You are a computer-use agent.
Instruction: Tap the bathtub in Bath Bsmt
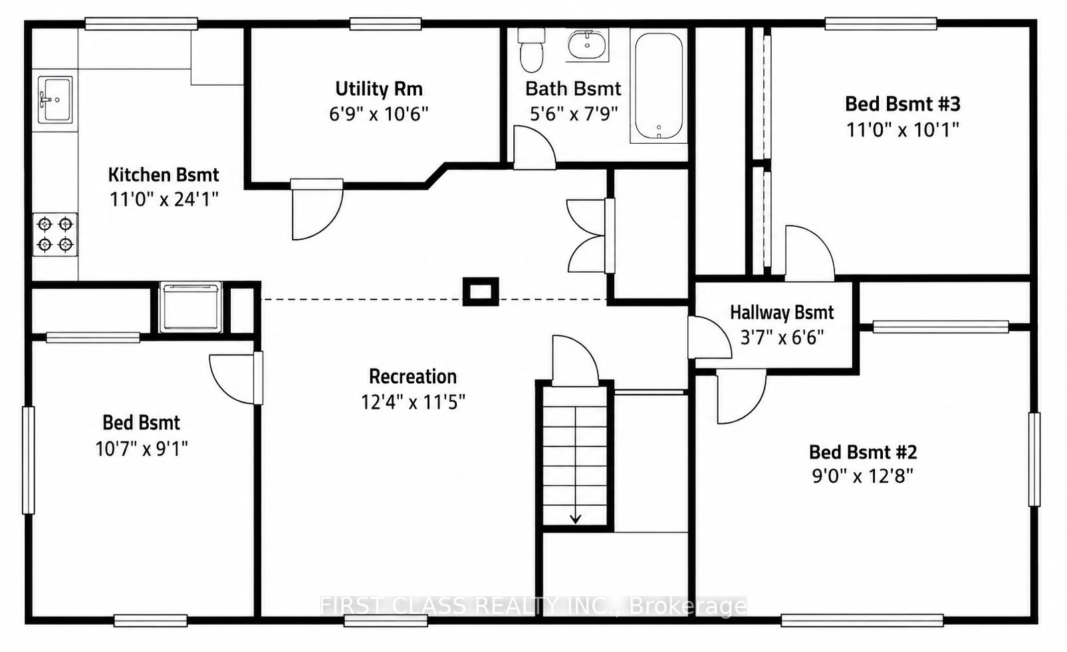click(x=659, y=85)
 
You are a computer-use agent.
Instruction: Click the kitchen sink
click(x=55, y=100)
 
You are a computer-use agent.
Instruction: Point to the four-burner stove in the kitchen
click(x=55, y=234)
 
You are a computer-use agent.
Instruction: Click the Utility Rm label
click(x=379, y=88)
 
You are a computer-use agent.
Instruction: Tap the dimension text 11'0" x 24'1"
click(x=164, y=199)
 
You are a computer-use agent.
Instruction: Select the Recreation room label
click(x=413, y=377)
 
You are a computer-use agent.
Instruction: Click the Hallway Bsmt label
click(x=782, y=313)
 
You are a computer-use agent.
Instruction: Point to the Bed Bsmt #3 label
click(x=903, y=104)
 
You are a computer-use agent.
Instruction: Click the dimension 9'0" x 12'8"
click(x=863, y=476)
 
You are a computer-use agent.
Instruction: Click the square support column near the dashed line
click(x=481, y=291)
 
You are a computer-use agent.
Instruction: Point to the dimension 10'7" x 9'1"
click(x=142, y=448)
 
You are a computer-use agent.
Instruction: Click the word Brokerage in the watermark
click(x=688, y=606)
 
